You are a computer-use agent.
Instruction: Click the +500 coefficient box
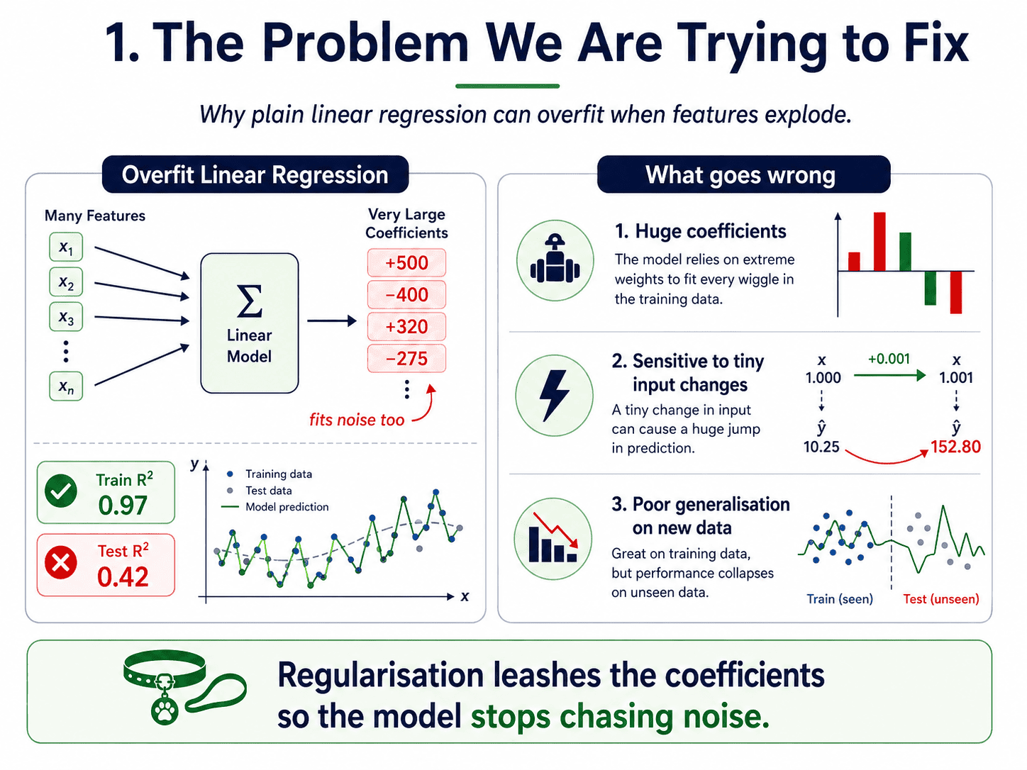click(x=406, y=263)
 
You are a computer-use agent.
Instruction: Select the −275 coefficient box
click(x=406, y=359)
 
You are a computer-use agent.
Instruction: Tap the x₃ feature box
click(x=66, y=317)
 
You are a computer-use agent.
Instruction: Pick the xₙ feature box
click(x=66, y=386)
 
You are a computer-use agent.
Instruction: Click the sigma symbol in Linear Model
click(x=250, y=301)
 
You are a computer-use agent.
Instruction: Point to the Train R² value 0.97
click(x=123, y=506)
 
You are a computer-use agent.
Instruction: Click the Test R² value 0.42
click(x=123, y=577)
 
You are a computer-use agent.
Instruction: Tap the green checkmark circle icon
click(x=61, y=491)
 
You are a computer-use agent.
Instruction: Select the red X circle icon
click(x=61, y=562)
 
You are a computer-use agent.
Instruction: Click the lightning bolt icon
click(x=555, y=396)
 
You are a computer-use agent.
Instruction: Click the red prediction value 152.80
click(x=955, y=447)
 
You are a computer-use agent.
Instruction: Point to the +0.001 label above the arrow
click(x=889, y=359)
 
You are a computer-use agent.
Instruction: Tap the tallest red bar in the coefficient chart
click(x=879, y=242)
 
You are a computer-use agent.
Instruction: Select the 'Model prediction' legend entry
click(x=276, y=507)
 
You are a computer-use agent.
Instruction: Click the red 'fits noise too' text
click(x=357, y=420)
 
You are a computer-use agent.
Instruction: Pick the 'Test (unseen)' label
click(x=941, y=599)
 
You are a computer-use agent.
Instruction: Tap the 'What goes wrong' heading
click(x=740, y=175)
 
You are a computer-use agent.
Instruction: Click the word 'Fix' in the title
click(x=936, y=43)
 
